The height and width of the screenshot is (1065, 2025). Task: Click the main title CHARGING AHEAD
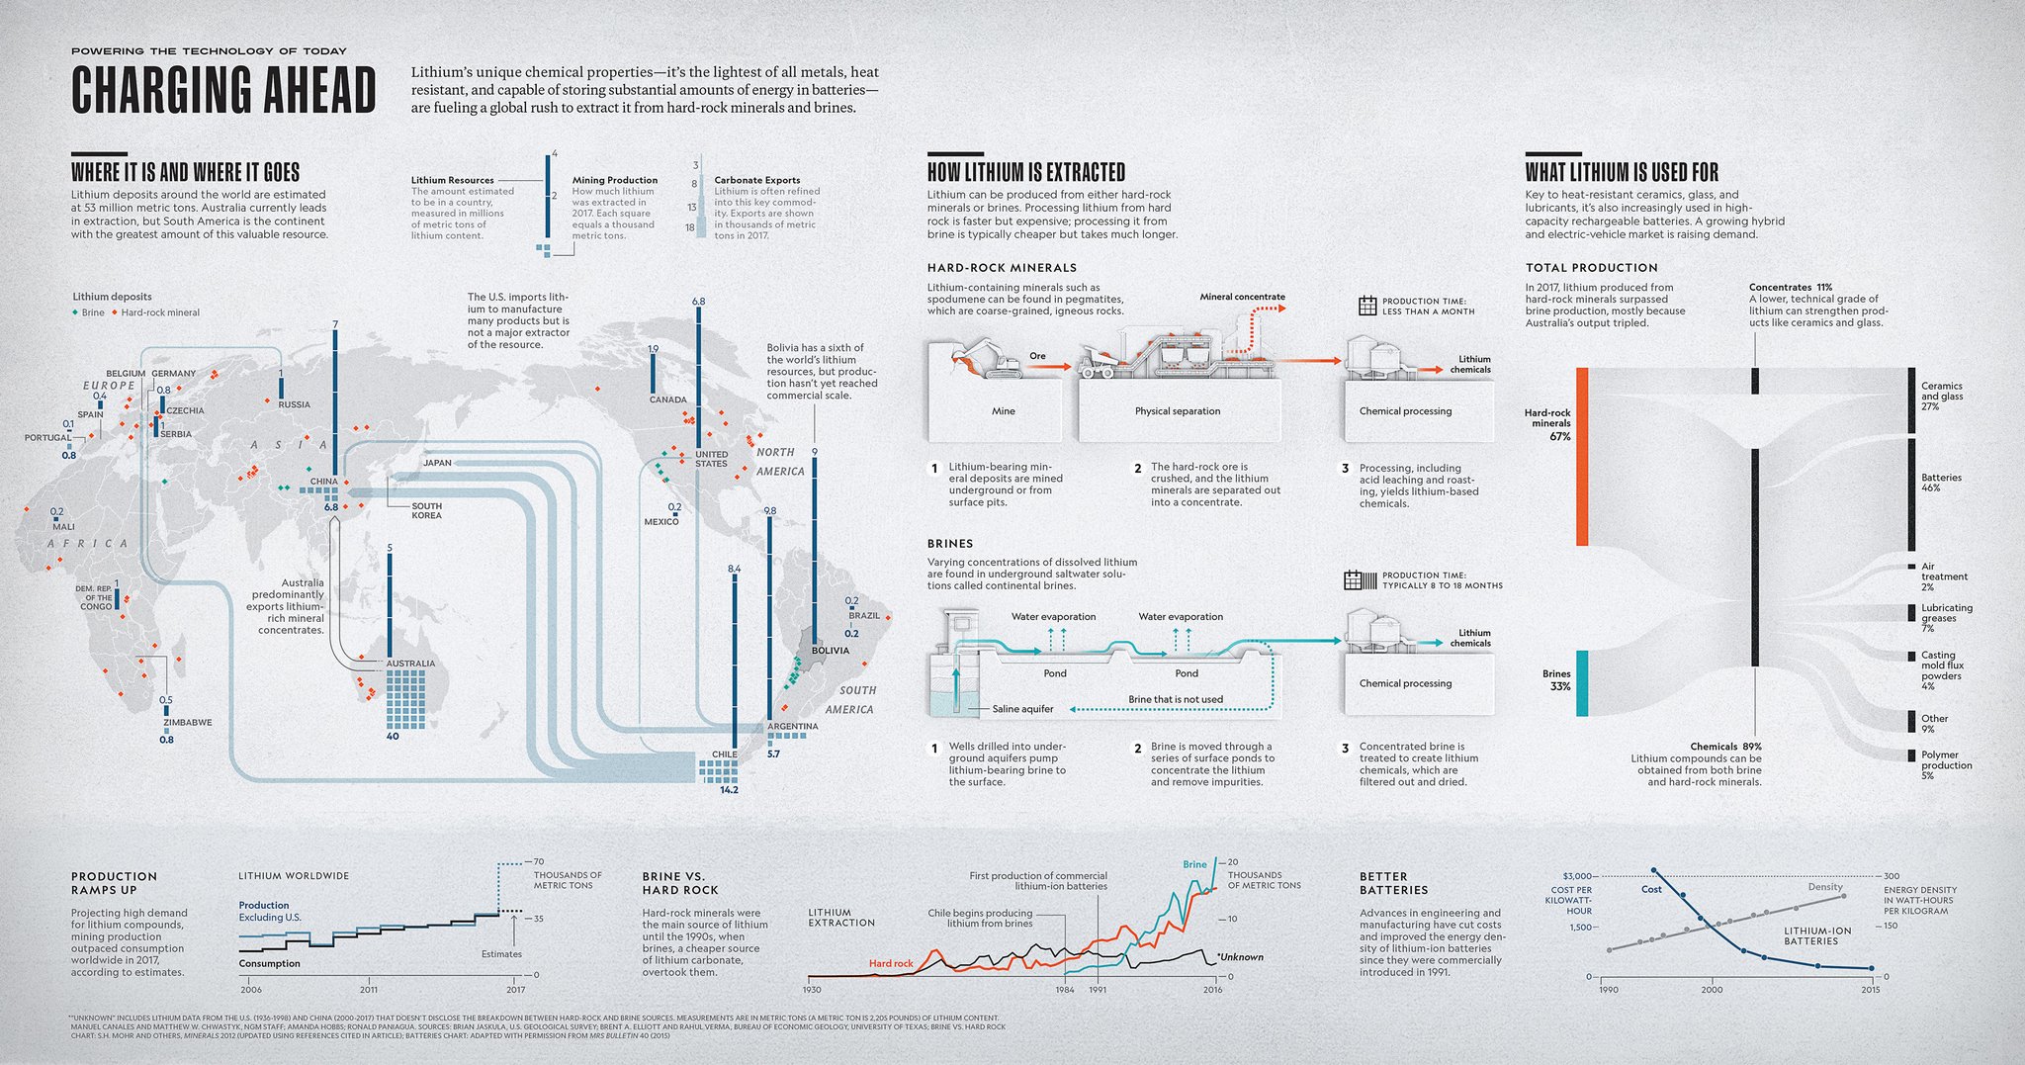223,91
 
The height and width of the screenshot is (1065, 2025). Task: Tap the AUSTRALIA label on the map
410,664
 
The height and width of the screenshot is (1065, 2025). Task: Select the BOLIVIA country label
830,651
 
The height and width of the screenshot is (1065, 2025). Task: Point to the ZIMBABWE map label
188,723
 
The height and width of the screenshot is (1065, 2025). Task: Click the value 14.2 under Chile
729,790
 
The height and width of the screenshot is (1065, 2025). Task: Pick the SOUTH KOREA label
426,511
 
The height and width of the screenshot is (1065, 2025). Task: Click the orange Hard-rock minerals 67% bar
1582,456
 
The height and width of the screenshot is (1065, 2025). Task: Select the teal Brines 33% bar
1582,682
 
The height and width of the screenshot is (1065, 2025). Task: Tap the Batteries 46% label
1941,483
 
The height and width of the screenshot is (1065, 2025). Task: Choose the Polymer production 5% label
1946,765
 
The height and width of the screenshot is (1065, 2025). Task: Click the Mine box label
1003,411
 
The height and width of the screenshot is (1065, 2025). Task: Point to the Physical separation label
1177,411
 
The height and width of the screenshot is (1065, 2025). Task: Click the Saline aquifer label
1022,709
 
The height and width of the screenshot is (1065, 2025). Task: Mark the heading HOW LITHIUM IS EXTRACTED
1026,172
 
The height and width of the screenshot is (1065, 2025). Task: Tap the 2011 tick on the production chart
369,989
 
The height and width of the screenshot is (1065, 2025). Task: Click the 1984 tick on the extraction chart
1065,989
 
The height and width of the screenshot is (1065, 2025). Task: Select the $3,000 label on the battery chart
1577,876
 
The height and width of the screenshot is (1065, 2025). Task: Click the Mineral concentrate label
1242,297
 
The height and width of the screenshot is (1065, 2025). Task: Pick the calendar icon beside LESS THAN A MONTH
1367,306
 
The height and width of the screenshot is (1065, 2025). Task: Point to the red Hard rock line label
891,963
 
